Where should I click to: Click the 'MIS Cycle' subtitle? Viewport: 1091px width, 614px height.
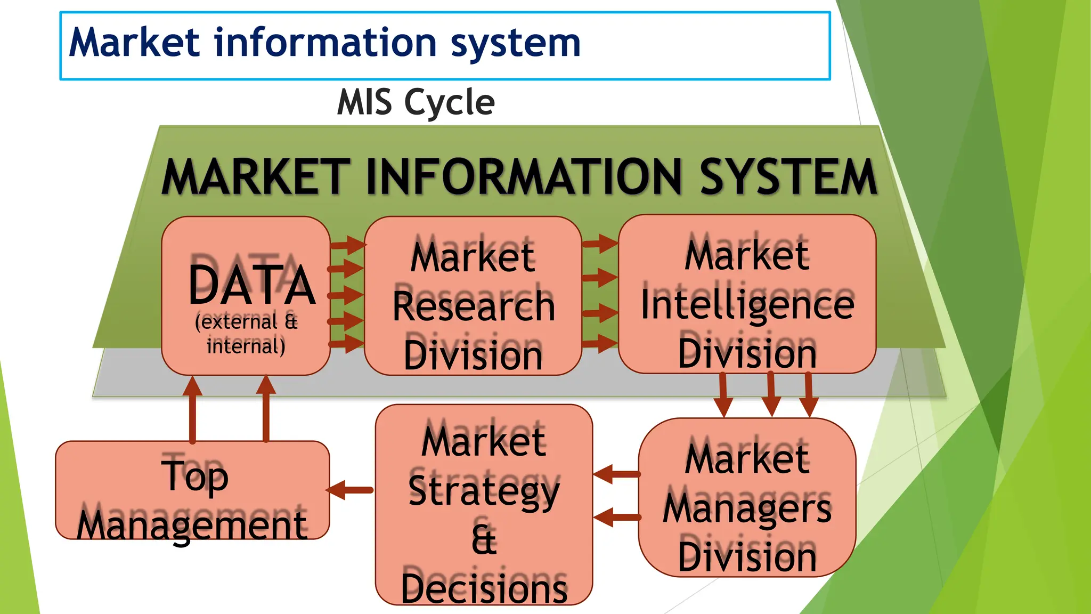[x=416, y=102]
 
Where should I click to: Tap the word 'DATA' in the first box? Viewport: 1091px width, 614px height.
[x=251, y=285]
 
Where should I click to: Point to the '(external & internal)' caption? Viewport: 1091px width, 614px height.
[x=246, y=334]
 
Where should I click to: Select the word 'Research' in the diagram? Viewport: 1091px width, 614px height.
[x=474, y=306]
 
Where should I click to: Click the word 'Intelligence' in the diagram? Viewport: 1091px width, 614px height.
[x=747, y=304]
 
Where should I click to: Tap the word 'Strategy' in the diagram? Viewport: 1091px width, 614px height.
[x=484, y=491]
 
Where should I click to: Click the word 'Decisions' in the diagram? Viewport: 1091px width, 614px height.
[x=484, y=588]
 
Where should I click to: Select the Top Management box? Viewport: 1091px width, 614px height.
[x=192, y=490]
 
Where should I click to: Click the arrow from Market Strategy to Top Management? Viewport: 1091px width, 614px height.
[x=351, y=490]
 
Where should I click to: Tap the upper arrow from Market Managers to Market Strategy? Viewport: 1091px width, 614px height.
[x=616, y=474]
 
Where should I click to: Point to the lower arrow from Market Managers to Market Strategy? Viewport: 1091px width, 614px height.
[x=616, y=516]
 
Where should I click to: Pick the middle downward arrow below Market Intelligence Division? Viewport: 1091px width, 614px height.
[x=771, y=394]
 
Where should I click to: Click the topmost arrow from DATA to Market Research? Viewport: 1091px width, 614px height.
[x=347, y=245]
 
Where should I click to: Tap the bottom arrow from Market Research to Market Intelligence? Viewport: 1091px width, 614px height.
[x=600, y=343]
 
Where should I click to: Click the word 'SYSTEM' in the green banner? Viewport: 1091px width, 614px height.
[x=788, y=177]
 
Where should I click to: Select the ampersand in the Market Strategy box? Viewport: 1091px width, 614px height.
[x=484, y=539]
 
